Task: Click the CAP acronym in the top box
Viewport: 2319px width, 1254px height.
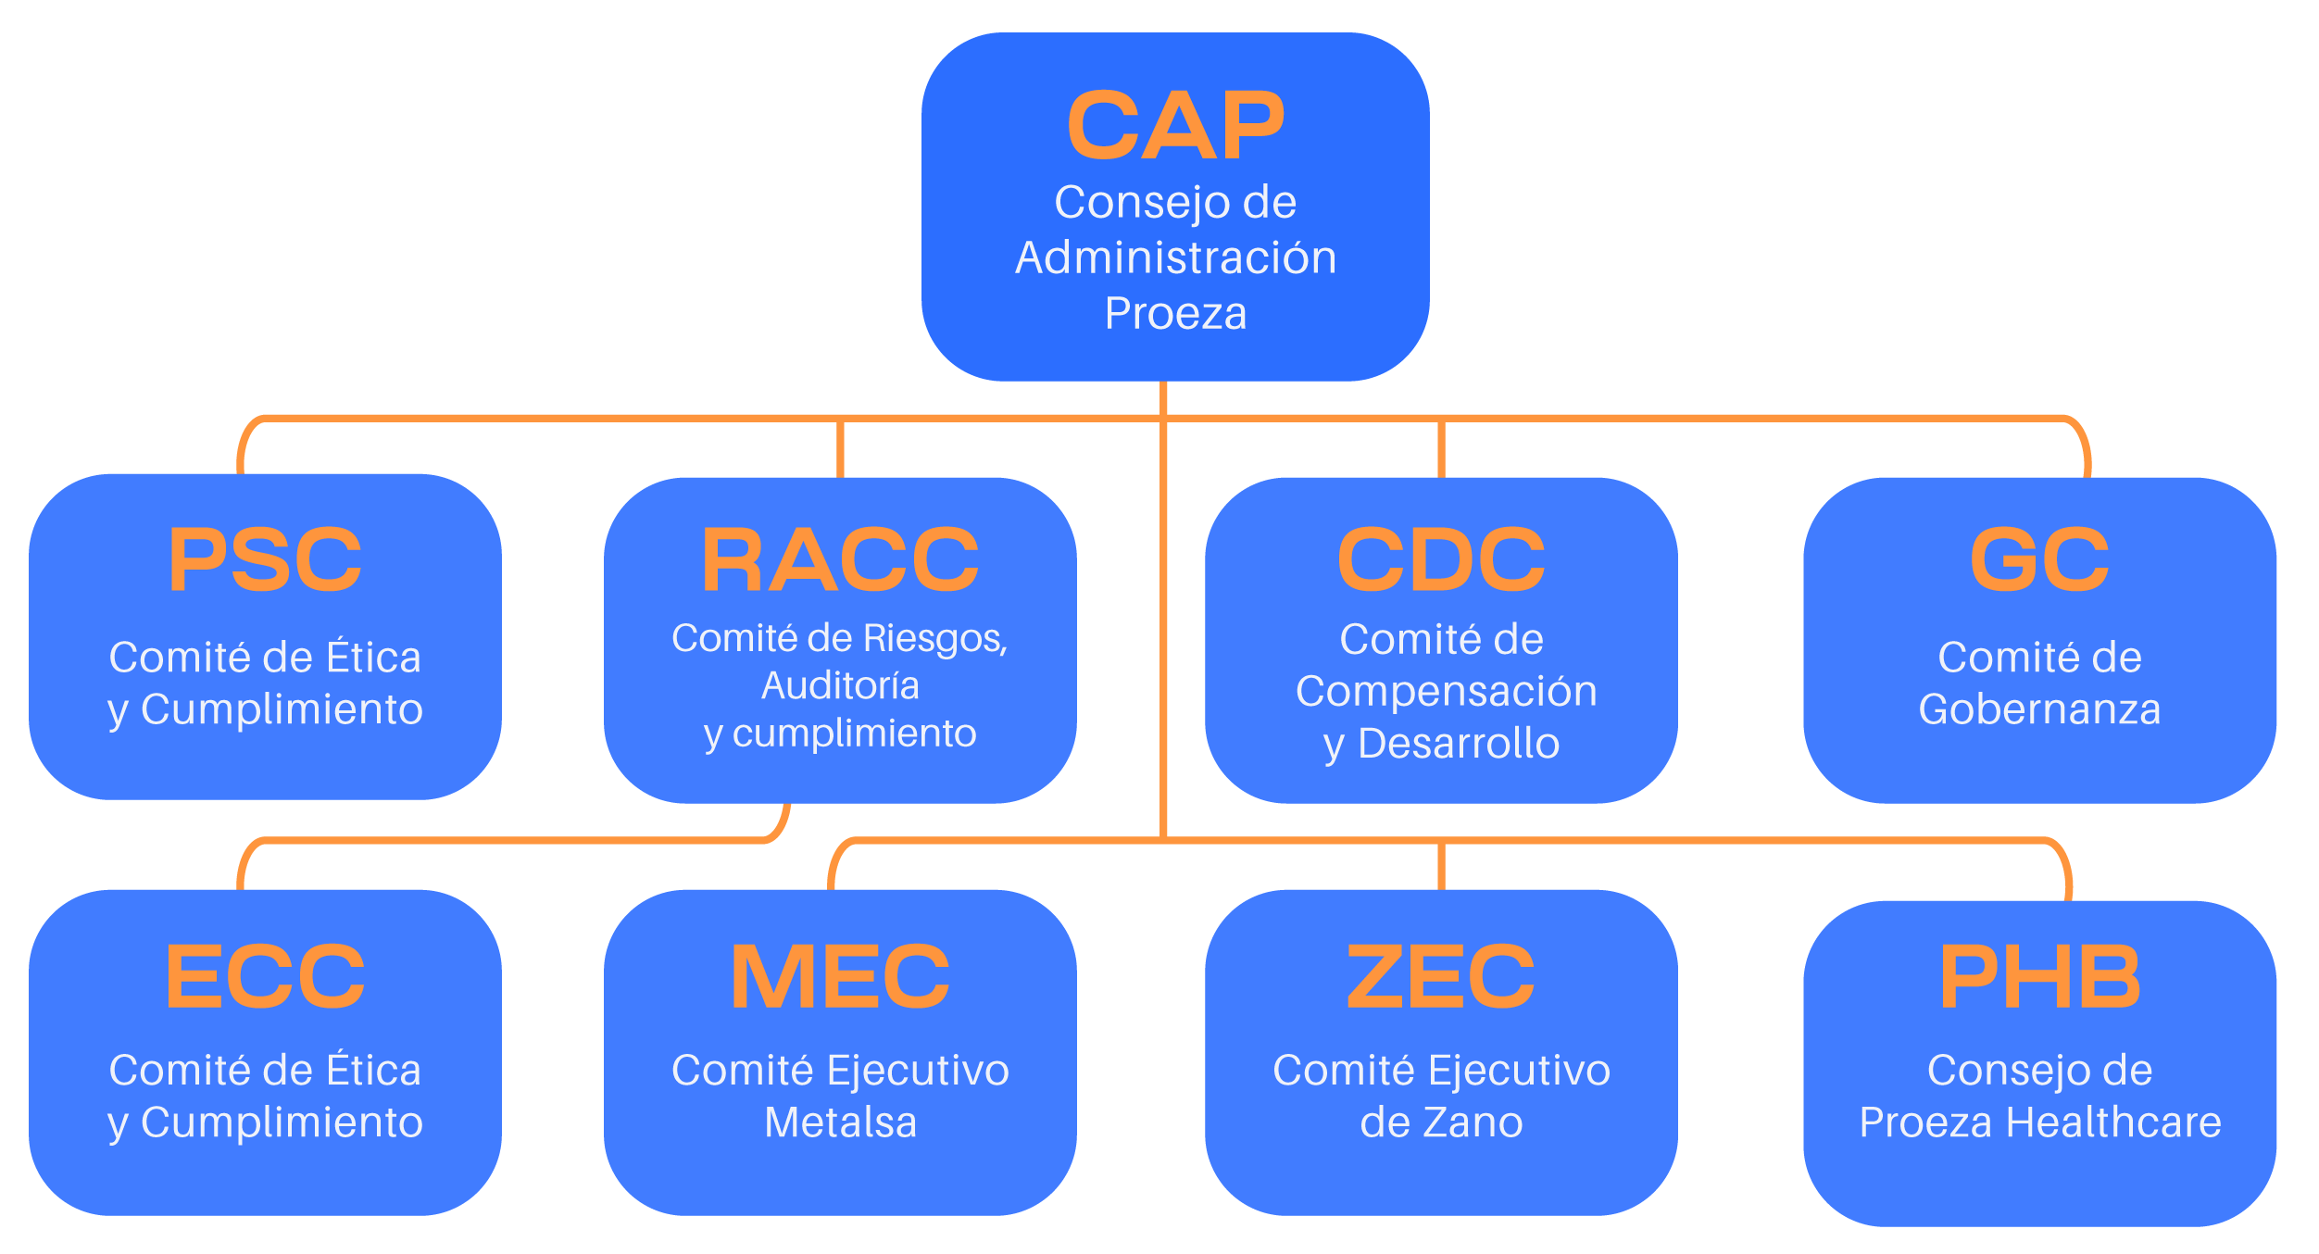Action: point(1175,126)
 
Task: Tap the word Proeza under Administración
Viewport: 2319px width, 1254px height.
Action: point(1175,313)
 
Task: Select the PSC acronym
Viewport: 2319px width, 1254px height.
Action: point(265,559)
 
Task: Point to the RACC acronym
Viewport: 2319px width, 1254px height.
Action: point(840,559)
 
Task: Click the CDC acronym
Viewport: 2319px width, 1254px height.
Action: point(1441,559)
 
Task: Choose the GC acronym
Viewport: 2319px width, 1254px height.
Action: point(2039,559)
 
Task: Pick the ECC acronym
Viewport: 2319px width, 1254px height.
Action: point(265,976)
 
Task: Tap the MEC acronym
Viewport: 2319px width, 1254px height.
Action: point(840,976)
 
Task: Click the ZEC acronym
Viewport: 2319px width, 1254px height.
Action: point(1441,976)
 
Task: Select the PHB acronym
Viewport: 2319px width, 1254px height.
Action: point(2039,976)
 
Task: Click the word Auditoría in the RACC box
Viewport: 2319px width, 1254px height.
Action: point(840,686)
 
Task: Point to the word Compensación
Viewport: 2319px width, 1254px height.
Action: point(1446,692)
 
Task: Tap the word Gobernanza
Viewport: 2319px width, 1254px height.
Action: point(2039,709)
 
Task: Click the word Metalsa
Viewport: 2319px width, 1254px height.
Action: point(840,1122)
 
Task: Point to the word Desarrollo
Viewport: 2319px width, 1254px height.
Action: point(1458,744)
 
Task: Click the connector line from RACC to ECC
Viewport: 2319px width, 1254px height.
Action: point(509,840)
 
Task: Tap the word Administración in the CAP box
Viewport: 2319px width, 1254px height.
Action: point(1175,257)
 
